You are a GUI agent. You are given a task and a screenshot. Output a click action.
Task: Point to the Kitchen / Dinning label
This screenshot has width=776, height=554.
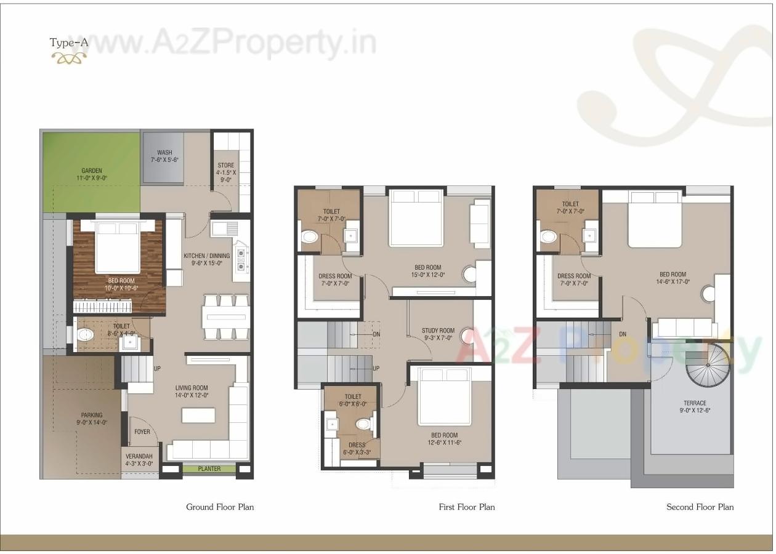pos(207,259)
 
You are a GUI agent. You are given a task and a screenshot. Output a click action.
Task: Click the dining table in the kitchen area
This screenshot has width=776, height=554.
pos(225,317)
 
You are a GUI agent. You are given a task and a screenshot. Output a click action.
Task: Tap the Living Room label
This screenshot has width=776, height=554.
pos(192,391)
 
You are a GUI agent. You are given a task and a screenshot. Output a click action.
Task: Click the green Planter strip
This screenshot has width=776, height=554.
pos(209,469)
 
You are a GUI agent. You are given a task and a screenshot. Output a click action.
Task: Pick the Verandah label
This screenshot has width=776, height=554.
pos(139,460)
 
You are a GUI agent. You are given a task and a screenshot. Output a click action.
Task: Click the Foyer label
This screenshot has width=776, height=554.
pos(142,432)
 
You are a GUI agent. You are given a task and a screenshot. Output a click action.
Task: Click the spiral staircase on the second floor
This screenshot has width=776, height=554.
pos(707,365)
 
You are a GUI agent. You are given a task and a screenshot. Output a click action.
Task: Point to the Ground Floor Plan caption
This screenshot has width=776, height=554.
pos(220,507)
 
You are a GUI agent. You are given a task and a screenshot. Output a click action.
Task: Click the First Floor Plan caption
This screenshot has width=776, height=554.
pos(467,507)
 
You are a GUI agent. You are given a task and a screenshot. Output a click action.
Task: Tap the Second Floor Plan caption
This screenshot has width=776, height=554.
pos(700,507)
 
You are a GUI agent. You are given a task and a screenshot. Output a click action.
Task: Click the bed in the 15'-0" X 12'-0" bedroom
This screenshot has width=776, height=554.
pos(417,219)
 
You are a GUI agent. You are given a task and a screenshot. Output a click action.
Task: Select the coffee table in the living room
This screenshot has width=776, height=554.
pos(198,415)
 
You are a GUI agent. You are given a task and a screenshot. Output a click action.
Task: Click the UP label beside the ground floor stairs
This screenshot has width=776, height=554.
pos(158,368)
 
